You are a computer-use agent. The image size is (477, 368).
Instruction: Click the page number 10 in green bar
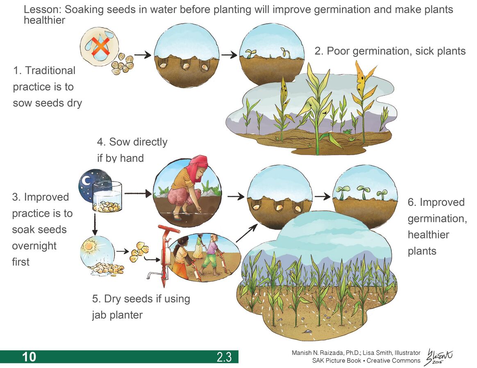[x=29, y=357]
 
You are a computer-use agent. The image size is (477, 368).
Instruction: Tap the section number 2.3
[x=224, y=357]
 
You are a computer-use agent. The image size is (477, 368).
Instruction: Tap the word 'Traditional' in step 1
[x=50, y=70]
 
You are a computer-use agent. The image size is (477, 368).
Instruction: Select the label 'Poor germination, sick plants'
[x=390, y=51]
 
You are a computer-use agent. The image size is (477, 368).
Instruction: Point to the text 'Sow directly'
[x=132, y=142]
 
